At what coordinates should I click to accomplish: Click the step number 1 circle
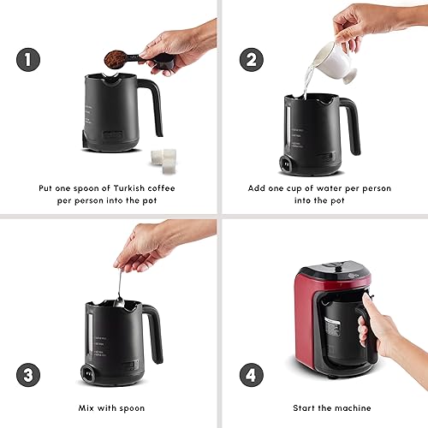coord(28,60)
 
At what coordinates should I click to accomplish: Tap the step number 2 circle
coord(251,60)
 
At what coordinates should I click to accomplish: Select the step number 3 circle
coord(28,375)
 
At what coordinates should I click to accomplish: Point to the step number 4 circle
coord(251,375)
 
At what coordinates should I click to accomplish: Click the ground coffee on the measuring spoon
coord(115,58)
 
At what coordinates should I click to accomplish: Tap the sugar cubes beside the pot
coord(163,160)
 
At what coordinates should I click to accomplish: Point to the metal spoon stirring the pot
coord(119,288)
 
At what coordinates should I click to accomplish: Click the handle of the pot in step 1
coord(152,105)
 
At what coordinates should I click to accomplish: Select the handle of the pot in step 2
coord(352,126)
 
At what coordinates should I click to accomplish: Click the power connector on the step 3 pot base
coord(88,373)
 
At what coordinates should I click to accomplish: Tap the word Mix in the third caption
coord(86,408)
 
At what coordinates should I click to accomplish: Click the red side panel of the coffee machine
coord(304,324)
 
